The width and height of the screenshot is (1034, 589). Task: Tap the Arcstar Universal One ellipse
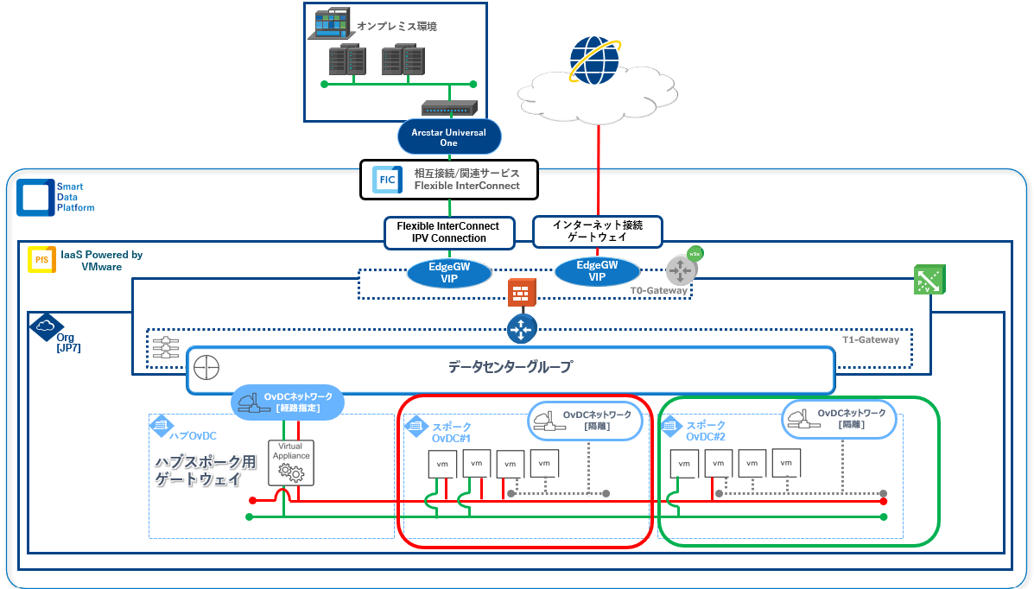pos(449,137)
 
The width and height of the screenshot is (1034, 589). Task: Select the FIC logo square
pos(387,180)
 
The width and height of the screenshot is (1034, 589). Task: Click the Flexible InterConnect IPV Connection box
pos(448,231)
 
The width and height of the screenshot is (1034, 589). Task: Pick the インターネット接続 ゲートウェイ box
pos(596,231)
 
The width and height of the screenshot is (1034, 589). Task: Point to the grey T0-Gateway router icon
pos(681,271)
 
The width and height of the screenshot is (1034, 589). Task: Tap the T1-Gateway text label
pos(870,339)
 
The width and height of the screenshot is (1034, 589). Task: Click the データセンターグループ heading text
pos(509,367)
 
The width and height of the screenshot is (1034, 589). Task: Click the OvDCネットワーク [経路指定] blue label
pos(289,402)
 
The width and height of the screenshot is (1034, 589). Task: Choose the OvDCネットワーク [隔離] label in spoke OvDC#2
pos(840,419)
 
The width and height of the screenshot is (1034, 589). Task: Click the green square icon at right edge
pos(929,279)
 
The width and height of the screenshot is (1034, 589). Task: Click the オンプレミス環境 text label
pos(396,26)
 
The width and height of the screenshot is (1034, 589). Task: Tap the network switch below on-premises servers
pos(448,109)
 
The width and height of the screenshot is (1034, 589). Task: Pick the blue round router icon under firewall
pos(522,327)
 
